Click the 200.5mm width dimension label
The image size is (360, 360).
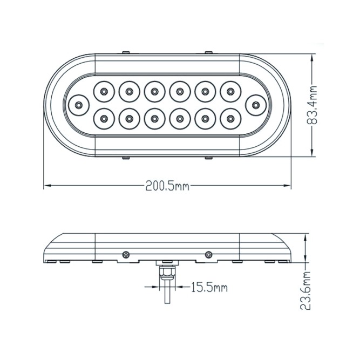[167, 186]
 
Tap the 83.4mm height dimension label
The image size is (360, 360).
[312, 105]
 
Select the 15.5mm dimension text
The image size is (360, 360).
[209, 287]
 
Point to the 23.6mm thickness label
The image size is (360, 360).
[305, 290]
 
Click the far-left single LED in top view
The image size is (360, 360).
[79, 105]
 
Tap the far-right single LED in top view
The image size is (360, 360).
[255, 105]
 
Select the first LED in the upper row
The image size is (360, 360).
[104, 91]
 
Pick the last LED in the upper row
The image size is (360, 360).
[230, 91]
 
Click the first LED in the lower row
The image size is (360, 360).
[104, 118]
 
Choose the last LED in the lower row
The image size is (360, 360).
[230, 118]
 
